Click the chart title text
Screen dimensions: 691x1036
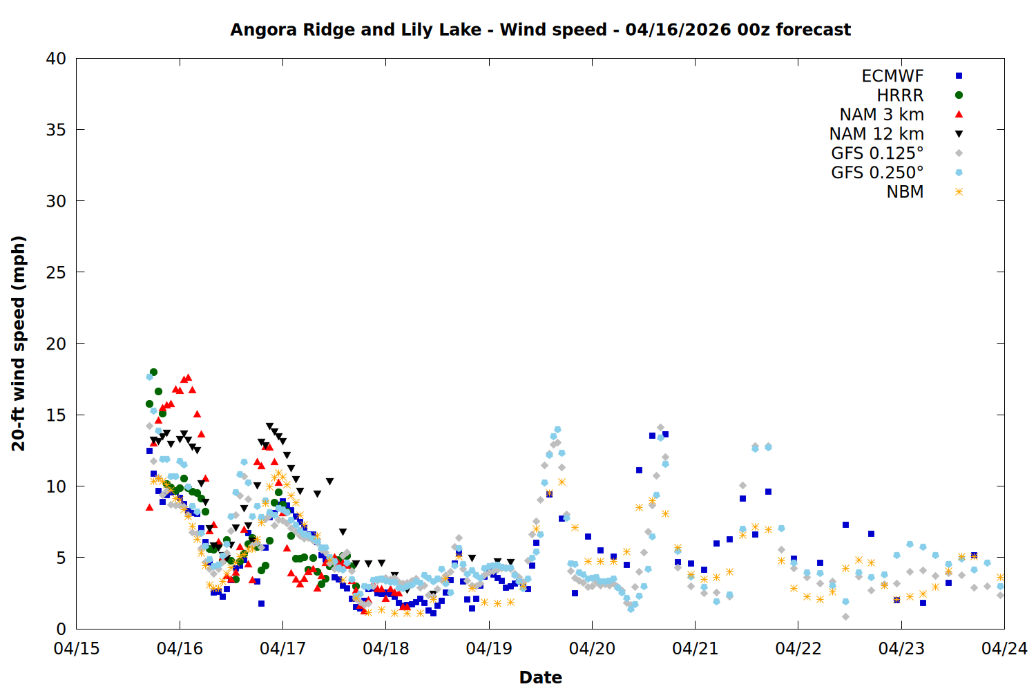click(540, 30)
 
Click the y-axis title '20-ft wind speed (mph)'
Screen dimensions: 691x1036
click(19, 343)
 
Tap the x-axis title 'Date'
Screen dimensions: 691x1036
click(540, 677)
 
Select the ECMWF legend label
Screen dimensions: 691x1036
click(892, 76)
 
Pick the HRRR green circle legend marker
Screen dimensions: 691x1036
click(959, 95)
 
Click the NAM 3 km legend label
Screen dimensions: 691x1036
click(881, 115)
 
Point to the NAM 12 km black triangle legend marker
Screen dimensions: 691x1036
click(959, 134)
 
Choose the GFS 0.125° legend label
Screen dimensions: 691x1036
click(877, 153)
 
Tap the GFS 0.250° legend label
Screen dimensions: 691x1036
click(877, 173)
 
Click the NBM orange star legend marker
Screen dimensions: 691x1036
click(959, 192)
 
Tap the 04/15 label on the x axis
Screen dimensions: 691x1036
click(77, 649)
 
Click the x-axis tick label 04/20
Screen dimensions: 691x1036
click(592, 649)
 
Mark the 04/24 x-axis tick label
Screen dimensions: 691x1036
click(1004, 649)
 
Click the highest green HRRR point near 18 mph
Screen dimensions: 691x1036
click(153, 372)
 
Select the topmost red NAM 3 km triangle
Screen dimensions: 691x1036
click(188, 377)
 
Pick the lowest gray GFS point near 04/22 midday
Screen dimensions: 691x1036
click(845, 616)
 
